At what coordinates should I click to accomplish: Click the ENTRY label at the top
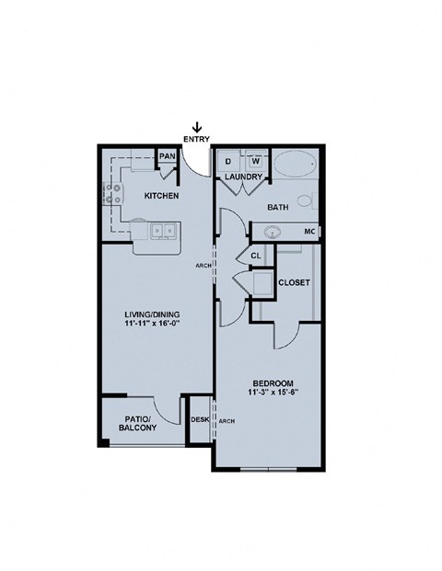tap(196, 138)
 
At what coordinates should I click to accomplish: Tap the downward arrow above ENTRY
tap(196, 126)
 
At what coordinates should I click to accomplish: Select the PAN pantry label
tap(167, 156)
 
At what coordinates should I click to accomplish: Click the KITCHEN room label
tap(160, 197)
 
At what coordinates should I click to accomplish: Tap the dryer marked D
tap(229, 161)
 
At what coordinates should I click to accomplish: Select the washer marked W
tap(255, 161)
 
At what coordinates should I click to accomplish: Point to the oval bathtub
tap(294, 166)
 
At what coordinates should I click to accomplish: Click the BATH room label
tap(278, 208)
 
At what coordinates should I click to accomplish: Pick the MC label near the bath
tap(310, 231)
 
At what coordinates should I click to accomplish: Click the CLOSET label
tap(293, 283)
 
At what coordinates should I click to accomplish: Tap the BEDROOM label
tap(273, 382)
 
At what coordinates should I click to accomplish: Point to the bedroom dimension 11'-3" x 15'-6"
tap(273, 394)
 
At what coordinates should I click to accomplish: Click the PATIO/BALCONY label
tap(138, 423)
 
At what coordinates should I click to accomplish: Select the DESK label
tap(199, 420)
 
